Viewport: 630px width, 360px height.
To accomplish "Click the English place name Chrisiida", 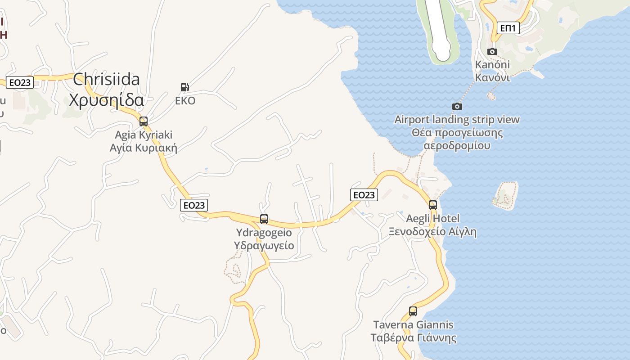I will [106, 79].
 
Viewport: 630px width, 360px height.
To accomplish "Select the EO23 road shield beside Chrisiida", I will [20, 82].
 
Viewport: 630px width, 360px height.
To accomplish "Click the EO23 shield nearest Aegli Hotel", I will [364, 194].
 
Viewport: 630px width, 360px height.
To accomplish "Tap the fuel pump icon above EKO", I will [184, 87].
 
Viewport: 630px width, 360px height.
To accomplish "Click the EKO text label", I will [185, 101].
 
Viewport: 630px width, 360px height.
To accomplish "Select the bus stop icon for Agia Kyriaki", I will [144, 121].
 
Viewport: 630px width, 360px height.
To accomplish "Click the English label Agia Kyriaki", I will [144, 135].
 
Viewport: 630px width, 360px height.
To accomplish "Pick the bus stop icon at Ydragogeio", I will [264, 219].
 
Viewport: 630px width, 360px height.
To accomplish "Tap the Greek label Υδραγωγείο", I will [264, 246].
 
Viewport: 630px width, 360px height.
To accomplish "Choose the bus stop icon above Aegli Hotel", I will [433, 205].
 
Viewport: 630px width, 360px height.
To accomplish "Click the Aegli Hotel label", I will [433, 219].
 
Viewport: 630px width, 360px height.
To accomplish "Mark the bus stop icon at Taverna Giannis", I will [413, 311].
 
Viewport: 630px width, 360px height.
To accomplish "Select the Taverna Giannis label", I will [413, 324].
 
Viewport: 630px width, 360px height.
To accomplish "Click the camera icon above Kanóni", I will [492, 51].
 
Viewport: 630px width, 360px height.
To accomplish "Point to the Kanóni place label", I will [493, 65].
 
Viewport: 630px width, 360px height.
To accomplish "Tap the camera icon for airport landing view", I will [457, 106].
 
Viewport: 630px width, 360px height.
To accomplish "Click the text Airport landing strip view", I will [457, 120].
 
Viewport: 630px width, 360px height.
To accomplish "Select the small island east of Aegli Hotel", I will [505, 195].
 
